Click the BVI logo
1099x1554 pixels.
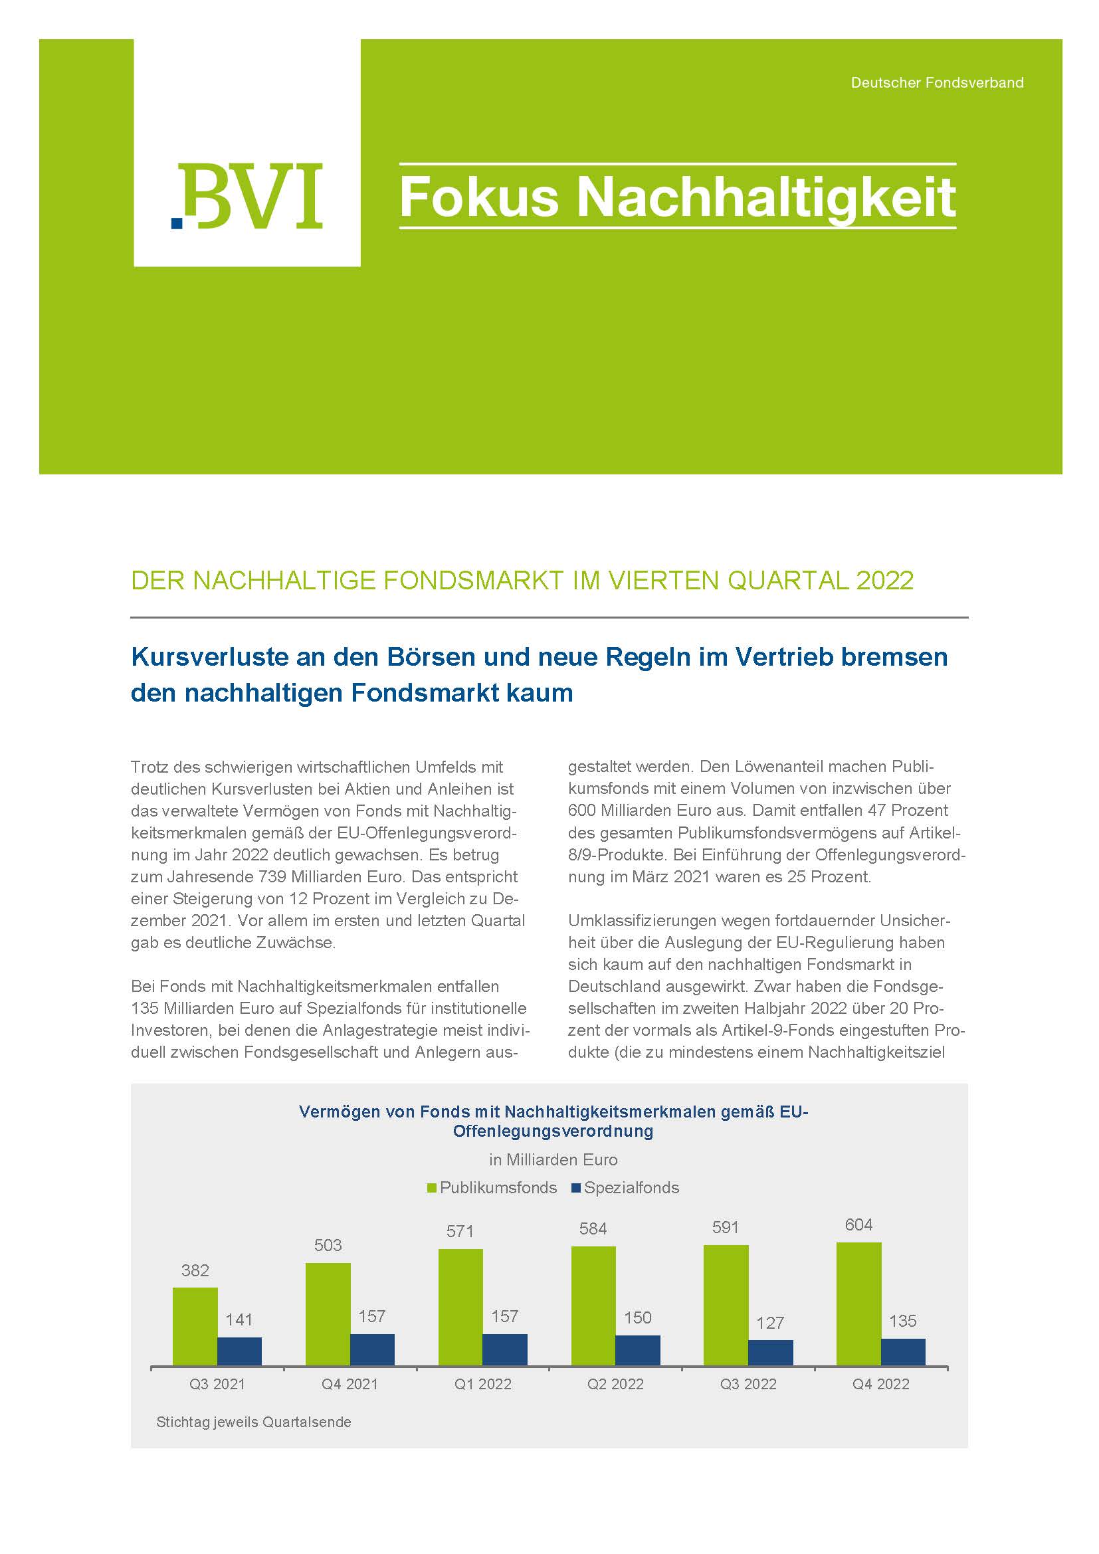pos(247,195)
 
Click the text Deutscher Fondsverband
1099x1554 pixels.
pos(937,83)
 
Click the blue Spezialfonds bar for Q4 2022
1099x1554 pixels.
pos(903,1351)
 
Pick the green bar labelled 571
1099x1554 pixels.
pos(460,1307)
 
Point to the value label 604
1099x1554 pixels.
pos(858,1224)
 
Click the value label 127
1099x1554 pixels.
pos(770,1323)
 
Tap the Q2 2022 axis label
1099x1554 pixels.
pos(615,1384)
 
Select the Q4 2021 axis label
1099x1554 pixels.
pos(350,1384)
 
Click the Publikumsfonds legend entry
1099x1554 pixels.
pos(492,1188)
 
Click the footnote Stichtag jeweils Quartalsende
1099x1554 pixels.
pos(253,1422)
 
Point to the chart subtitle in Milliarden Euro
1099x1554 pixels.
pos(553,1160)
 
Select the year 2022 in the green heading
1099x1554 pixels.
pos(884,581)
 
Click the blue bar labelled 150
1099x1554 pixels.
pos(637,1350)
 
